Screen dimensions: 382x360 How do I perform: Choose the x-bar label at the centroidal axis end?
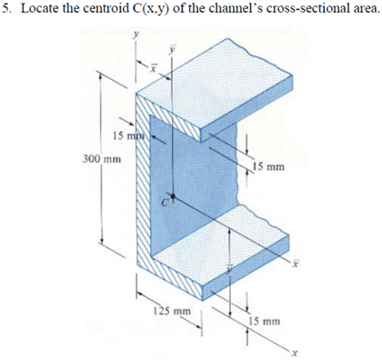[x=295, y=265]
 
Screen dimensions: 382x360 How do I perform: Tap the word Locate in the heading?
[x=41, y=10]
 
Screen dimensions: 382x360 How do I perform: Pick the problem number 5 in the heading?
[x=8, y=10]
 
